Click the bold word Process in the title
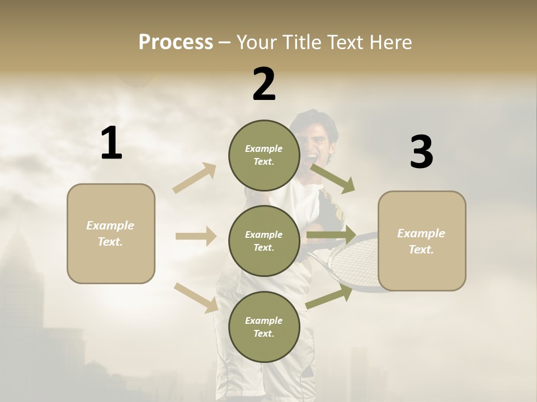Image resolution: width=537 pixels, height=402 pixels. point(176,42)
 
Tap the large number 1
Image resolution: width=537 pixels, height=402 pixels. point(111,143)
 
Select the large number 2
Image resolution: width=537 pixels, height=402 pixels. point(264,84)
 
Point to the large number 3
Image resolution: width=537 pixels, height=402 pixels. point(421,152)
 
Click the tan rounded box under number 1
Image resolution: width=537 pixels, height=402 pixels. point(111,233)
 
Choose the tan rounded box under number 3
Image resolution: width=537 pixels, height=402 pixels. point(422,241)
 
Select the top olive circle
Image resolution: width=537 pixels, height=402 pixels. point(264,155)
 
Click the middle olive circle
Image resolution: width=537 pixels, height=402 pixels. point(264,241)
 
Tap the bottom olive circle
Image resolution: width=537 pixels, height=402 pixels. point(264,327)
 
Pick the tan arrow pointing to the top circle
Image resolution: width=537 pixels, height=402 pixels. point(195,178)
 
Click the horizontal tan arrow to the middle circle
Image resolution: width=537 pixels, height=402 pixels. point(196,236)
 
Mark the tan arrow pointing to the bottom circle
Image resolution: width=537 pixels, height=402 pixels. point(196,297)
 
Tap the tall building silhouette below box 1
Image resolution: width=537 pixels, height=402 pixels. point(25,290)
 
